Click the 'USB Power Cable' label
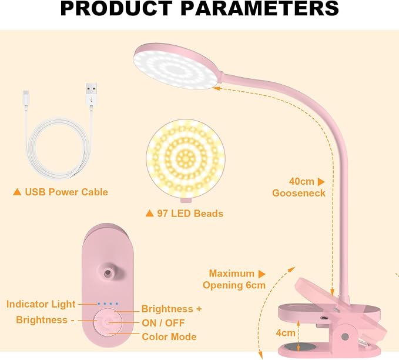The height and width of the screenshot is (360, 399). click(x=66, y=192)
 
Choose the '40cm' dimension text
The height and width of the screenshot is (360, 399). click(x=301, y=181)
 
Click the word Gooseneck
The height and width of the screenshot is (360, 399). click(x=299, y=193)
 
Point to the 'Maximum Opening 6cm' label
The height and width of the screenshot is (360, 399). click(x=234, y=279)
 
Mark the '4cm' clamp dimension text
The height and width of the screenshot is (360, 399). click(x=286, y=333)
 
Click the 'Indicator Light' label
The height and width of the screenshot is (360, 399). click(x=41, y=304)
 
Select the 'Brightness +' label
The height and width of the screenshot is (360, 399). click(x=172, y=309)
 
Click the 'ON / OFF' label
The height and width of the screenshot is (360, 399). click(x=163, y=323)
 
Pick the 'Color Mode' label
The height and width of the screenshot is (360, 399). click(x=169, y=337)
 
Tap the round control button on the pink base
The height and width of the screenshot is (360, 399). click(x=108, y=322)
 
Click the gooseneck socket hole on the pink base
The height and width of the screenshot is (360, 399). click(x=108, y=273)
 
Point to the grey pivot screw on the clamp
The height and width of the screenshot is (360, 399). click(x=345, y=336)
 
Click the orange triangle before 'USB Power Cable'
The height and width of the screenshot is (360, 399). click(x=17, y=192)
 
